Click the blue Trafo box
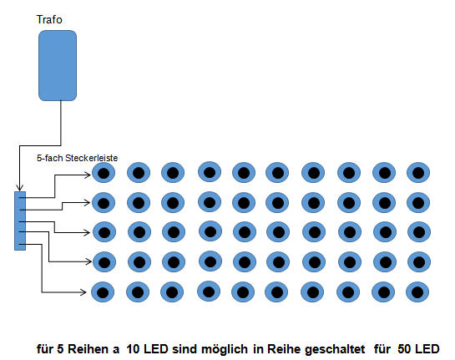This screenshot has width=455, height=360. pyautogui.click(x=58, y=66)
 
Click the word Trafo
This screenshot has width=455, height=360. pyautogui.click(x=49, y=20)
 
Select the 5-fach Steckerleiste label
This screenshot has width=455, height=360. pyautogui.click(x=77, y=158)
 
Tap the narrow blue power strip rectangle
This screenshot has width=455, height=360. pyautogui.click(x=20, y=221)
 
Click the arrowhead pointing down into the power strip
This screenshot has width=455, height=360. pyautogui.click(x=20, y=187)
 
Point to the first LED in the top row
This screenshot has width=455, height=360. pyautogui.click(x=104, y=173)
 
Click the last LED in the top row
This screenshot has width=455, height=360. pyautogui.click(x=418, y=173)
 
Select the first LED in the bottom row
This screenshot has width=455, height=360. pyautogui.click(x=103, y=292)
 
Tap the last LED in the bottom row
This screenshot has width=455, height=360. pyautogui.click(x=417, y=292)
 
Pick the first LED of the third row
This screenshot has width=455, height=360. pyautogui.click(x=104, y=232)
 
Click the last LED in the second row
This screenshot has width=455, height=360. pyautogui.click(x=418, y=203)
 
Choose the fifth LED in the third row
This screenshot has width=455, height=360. pyautogui.click(x=245, y=232)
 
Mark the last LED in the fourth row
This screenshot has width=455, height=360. pyautogui.click(x=419, y=262)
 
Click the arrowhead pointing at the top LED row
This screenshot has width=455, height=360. pyautogui.click(x=88, y=175)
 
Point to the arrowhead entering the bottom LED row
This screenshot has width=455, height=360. pyautogui.click(x=83, y=292)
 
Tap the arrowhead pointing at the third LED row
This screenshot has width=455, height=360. pyautogui.click(x=87, y=232)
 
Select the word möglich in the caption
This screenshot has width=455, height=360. pyautogui.click(x=225, y=349)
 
